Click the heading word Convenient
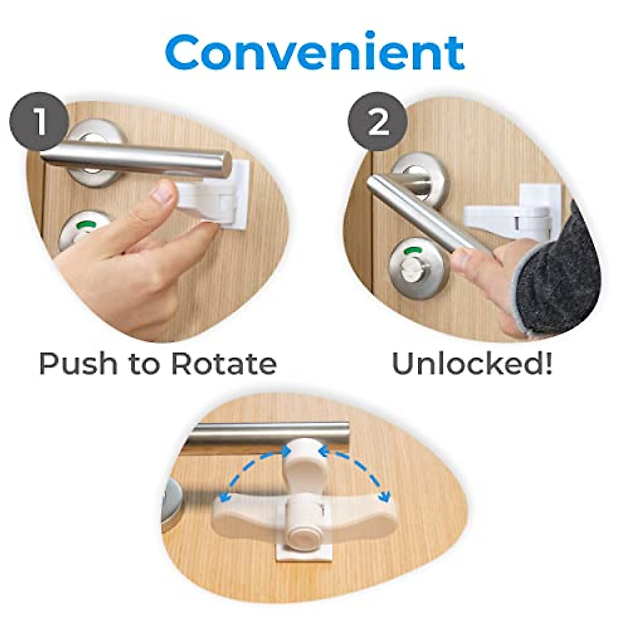(x=314, y=52)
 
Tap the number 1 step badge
(x=39, y=122)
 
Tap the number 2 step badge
(x=378, y=122)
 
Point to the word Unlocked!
(x=472, y=363)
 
